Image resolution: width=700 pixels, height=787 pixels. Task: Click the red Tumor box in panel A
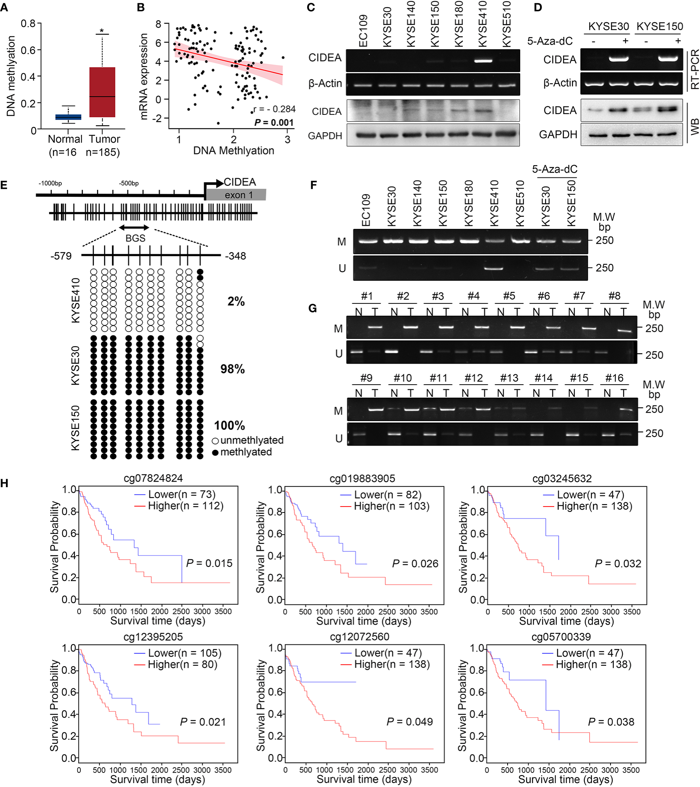(x=102, y=92)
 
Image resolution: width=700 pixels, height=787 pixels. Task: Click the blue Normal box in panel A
(x=68, y=117)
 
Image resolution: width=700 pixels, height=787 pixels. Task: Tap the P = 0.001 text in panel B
(x=274, y=123)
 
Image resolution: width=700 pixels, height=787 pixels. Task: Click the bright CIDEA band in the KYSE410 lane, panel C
(x=483, y=61)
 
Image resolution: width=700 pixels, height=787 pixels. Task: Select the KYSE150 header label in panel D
(x=660, y=27)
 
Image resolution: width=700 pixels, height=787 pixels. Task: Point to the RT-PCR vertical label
(x=694, y=70)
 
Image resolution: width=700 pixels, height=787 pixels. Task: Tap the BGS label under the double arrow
(x=135, y=238)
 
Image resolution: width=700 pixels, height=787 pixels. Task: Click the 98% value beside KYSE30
(x=232, y=369)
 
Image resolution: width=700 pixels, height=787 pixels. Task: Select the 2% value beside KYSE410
(x=236, y=301)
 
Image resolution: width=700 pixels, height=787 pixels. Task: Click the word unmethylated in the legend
(x=252, y=440)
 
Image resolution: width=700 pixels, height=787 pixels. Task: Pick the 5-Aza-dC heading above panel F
(x=554, y=170)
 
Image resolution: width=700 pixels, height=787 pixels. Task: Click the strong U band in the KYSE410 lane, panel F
(x=493, y=268)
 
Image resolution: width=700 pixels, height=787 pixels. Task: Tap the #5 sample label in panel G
(x=509, y=296)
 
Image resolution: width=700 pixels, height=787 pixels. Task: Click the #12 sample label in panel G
(x=474, y=378)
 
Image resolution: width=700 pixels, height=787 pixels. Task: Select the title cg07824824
(x=153, y=478)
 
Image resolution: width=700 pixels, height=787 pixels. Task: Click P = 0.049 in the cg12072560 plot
(x=409, y=722)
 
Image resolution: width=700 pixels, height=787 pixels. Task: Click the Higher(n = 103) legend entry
(x=391, y=506)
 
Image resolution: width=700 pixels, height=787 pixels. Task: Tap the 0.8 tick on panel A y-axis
(x=28, y=23)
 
